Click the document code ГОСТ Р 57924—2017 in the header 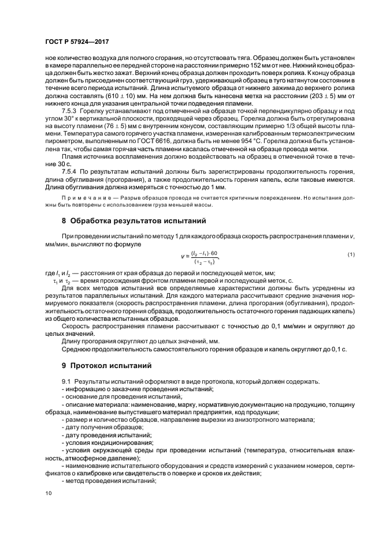77,43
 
